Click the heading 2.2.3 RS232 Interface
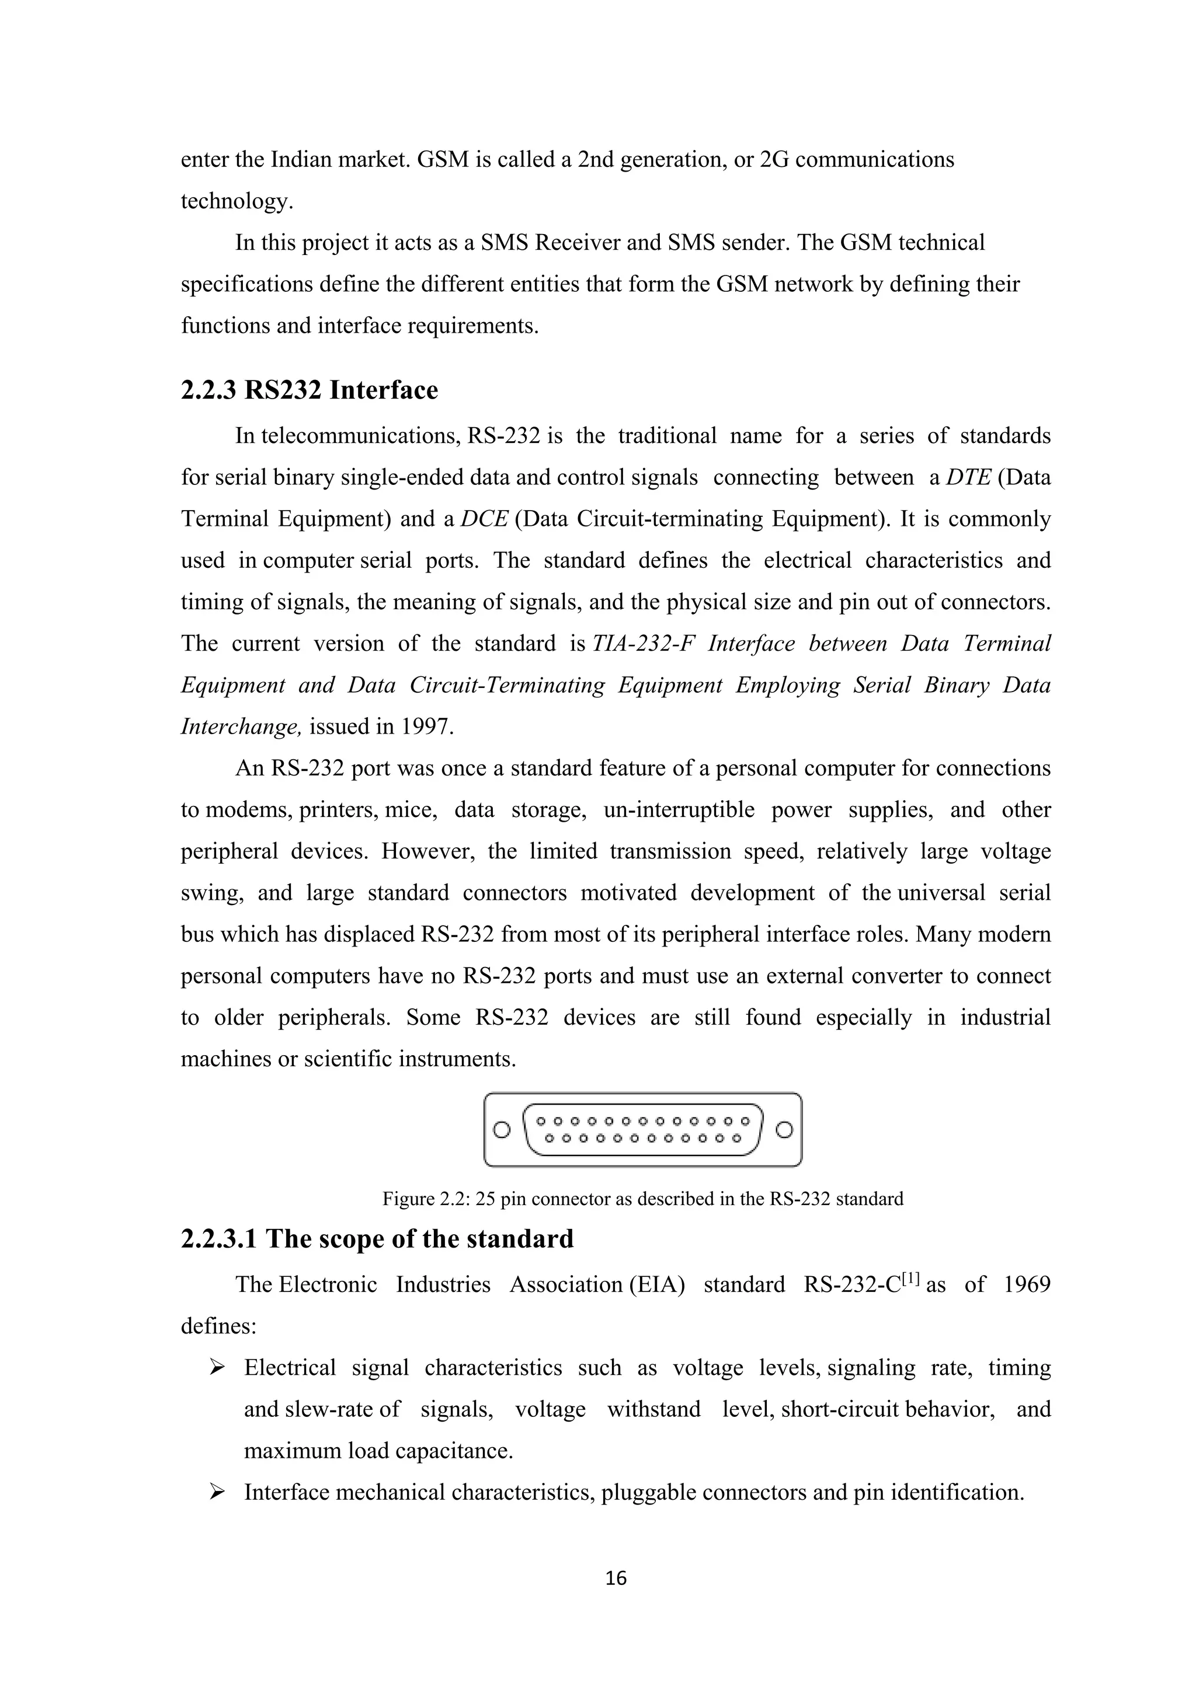[x=310, y=390]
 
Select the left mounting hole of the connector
[x=502, y=1129]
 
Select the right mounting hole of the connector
[x=784, y=1129]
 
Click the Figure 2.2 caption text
[x=642, y=1199]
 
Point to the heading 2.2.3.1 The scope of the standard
[x=377, y=1239]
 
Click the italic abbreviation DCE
[x=484, y=519]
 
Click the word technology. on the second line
[x=237, y=201]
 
